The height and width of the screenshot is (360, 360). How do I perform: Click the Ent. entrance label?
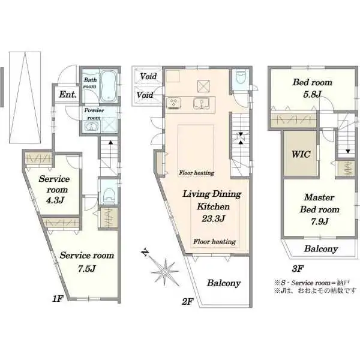pyautogui.click(x=68, y=94)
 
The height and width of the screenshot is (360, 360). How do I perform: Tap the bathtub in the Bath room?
pyautogui.click(x=109, y=86)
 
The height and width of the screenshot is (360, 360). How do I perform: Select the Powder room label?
pyautogui.click(x=94, y=114)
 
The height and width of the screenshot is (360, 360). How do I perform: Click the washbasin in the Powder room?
pyautogui.click(x=91, y=126)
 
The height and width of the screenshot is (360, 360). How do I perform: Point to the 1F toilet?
pyautogui.click(x=109, y=195)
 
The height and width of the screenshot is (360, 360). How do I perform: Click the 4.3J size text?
pyautogui.click(x=55, y=200)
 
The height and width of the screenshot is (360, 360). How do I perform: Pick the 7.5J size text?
pyautogui.click(x=86, y=268)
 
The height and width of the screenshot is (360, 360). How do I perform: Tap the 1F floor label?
pyautogui.click(x=58, y=299)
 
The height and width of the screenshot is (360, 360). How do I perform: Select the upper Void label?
pyautogui.click(x=148, y=76)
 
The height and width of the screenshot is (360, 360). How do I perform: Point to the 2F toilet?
pyautogui.click(x=241, y=76)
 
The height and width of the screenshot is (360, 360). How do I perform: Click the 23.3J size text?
pyautogui.click(x=213, y=218)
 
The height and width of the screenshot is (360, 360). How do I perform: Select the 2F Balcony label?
pyautogui.click(x=224, y=283)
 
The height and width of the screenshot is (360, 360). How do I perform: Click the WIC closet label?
pyautogui.click(x=301, y=154)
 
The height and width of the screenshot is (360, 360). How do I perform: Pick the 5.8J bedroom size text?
pyautogui.click(x=312, y=94)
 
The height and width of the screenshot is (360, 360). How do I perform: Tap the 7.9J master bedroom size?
pyautogui.click(x=320, y=221)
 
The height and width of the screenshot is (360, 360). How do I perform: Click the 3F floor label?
pyautogui.click(x=298, y=269)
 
